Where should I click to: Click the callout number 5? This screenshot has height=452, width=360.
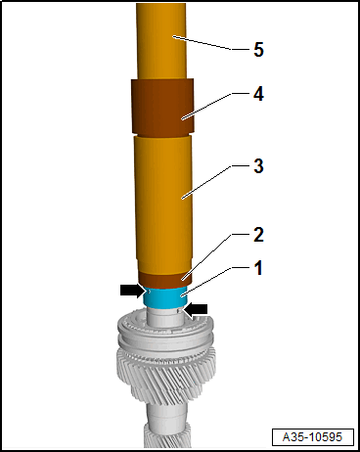[258, 49]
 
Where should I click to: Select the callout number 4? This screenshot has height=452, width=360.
[258, 95]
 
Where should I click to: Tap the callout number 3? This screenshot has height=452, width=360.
[258, 166]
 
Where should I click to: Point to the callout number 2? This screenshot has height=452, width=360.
[258, 235]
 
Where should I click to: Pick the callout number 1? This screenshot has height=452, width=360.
[258, 266]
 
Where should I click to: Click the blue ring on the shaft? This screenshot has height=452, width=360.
[163, 296]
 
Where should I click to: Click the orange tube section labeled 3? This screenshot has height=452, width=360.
[161, 205]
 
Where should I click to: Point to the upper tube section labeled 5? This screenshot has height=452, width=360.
[161, 39]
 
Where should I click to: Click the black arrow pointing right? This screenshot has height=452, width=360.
[131, 291]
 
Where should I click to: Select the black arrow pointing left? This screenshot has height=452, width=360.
[198, 309]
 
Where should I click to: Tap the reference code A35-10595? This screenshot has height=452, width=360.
[311, 435]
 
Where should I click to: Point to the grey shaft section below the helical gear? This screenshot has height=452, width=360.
[162, 435]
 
